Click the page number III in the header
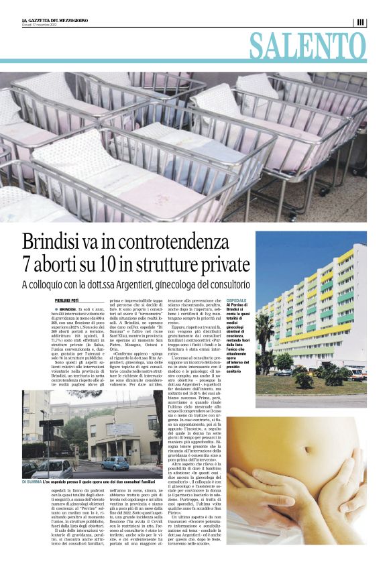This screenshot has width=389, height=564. click(361, 22)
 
